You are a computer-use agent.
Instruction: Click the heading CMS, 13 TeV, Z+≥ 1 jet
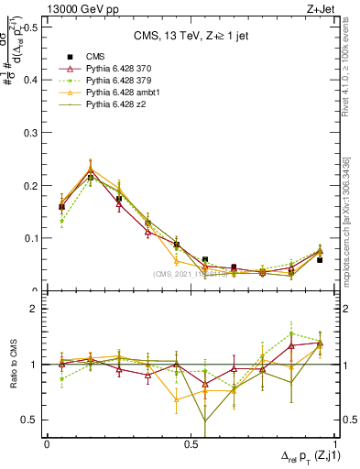(x=193, y=36)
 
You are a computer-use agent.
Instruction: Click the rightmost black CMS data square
(x=320, y=260)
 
